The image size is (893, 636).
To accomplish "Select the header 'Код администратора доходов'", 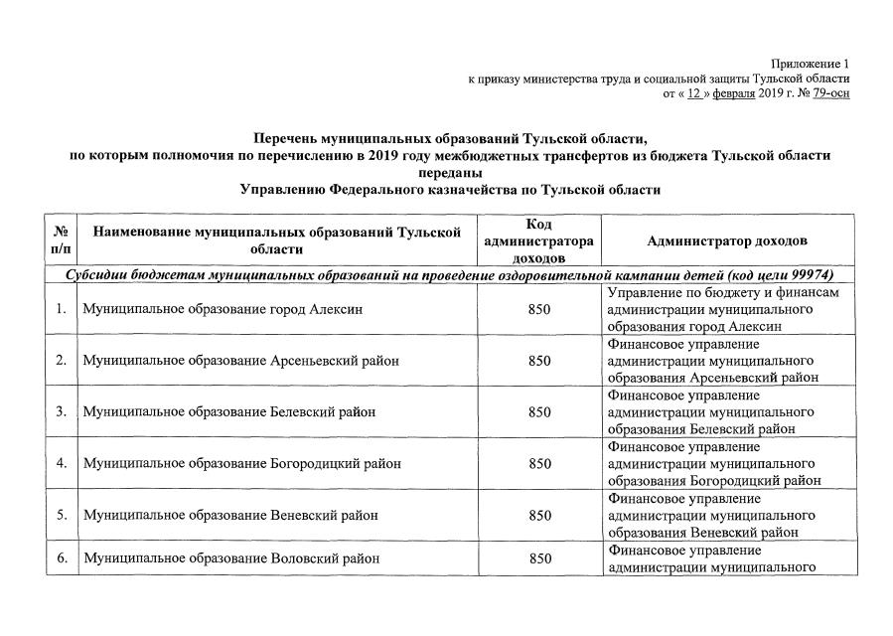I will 538,241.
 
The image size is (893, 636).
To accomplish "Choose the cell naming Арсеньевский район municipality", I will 241,361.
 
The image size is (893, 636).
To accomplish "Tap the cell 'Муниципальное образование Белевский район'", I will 229,411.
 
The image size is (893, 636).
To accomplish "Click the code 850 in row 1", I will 539,309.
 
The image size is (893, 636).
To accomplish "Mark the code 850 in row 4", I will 539,463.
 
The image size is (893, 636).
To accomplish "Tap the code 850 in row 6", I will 539,558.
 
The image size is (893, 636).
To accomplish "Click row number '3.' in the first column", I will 62,411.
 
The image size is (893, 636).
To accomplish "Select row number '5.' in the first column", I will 62,515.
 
